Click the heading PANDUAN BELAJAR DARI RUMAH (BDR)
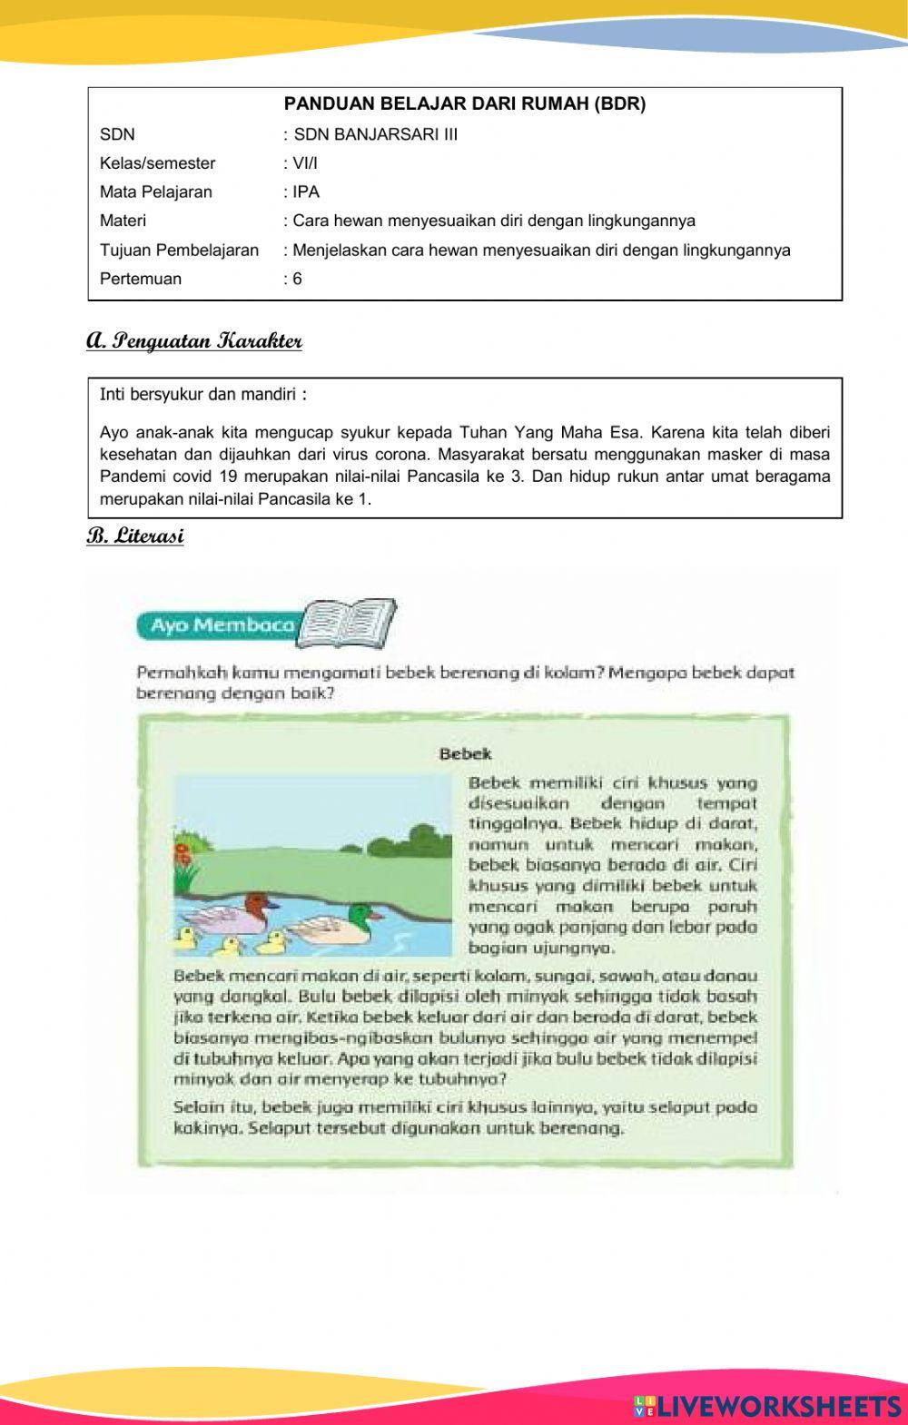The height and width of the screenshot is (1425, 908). click(465, 103)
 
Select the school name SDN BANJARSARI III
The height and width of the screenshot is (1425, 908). click(376, 134)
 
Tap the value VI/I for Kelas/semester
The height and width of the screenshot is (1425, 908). click(306, 163)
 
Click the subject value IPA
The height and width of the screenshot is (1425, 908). click(306, 192)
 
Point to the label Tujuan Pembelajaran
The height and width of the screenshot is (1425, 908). click(179, 250)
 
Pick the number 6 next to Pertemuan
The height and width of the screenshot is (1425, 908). click(298, 279)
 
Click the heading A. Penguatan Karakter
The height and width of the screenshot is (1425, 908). click(194, 341)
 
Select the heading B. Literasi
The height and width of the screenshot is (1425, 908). click(135, 536)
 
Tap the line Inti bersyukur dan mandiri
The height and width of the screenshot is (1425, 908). click(202, 395)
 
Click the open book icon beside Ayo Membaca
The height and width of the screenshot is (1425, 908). click(349, 623)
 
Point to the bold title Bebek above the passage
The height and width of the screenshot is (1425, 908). click(465, 753)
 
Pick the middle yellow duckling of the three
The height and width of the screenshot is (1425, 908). click(229, 946)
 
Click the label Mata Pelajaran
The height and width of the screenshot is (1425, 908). click(155, 192)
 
